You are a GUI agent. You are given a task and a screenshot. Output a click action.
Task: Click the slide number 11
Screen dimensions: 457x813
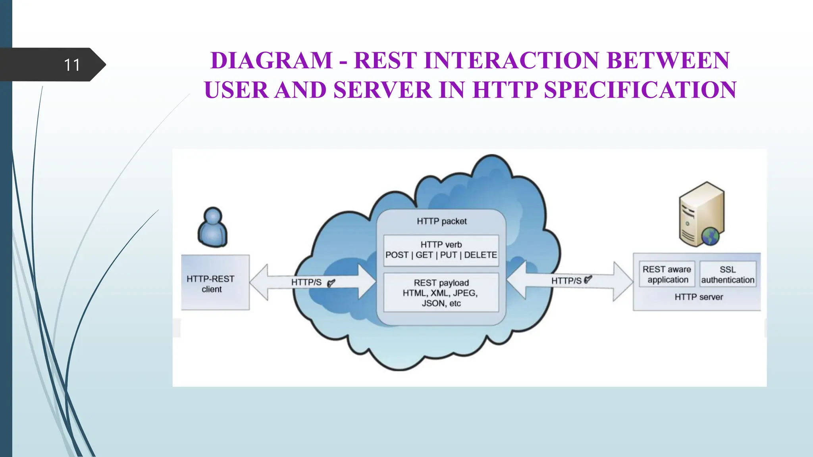[72, 65]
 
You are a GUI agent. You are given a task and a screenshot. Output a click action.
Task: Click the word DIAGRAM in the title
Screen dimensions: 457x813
[271, 61]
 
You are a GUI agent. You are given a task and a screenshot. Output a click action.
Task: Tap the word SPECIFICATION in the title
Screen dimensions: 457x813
[640, 90]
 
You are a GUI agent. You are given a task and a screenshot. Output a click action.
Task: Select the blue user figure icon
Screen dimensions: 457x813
[213, 227]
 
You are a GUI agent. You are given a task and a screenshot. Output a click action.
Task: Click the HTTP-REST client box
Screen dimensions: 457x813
[215, 283]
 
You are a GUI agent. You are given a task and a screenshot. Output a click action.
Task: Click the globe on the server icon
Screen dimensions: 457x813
[710, 237]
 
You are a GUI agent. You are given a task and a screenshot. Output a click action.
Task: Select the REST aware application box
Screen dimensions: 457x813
[667, 274]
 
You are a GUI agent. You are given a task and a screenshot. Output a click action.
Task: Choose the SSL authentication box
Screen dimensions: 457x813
[728, 274]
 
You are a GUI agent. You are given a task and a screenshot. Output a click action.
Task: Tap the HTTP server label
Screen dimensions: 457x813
[699, 297]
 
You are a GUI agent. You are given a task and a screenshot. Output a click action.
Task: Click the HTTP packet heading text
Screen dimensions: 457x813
[441, 221]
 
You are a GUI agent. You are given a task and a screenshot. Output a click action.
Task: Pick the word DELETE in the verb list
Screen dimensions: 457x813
[480, 255]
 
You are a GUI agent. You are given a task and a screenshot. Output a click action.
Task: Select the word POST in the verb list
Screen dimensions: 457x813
[397, 255]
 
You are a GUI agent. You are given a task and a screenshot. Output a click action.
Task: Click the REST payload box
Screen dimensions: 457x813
[441, 293]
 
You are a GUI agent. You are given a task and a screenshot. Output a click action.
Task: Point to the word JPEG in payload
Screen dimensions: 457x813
[464, 293]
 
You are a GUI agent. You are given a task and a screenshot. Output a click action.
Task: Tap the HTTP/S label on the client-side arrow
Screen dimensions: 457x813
[306, 282]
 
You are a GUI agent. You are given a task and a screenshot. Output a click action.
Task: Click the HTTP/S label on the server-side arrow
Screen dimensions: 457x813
[566, 281]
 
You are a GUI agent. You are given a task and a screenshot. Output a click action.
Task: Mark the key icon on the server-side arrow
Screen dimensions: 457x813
[588, 279]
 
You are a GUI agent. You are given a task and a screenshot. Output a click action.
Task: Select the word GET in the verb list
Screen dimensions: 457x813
[424, 255]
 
